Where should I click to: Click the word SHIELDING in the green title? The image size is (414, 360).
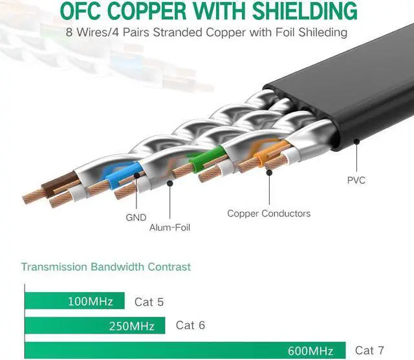[305, 10]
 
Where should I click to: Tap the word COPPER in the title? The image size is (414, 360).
[147, 10]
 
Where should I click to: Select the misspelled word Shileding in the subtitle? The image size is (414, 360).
[323, 33]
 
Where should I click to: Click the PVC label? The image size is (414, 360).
[356, 180]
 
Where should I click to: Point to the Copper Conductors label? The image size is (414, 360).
[269, 213]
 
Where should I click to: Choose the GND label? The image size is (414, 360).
[136, 218]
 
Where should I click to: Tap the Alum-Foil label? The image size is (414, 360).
[169, 228]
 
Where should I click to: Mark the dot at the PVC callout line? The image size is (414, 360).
[356, 142]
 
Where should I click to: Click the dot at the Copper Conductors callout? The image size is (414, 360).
[269, 173]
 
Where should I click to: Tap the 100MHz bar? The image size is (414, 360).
[75, 301]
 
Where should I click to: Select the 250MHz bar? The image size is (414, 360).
[95, 326]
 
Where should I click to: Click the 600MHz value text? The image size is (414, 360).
[310, 351]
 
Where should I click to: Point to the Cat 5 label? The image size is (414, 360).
[149, 302]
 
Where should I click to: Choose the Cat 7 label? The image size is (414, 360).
[369, 350]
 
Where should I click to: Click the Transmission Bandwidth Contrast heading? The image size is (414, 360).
[106, 267]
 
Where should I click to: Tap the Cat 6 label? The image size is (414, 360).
[190, 325]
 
